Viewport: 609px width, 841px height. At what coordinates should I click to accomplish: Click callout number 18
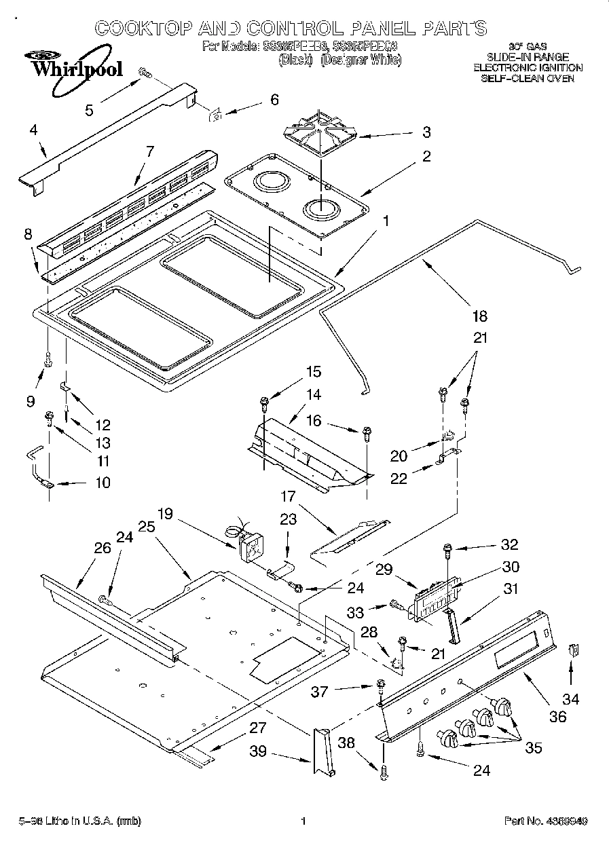tap(479, 316)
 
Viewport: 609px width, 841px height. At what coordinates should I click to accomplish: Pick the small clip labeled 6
tap(217, 115)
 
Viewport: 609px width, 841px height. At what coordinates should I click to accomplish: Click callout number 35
tap(534, 748)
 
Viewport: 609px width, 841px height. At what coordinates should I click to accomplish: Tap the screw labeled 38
tap(384, 770)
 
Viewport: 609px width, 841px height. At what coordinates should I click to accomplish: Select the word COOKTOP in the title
tap(142, 29)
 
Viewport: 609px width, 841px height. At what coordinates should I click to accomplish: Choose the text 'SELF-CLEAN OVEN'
tap(527, 78)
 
